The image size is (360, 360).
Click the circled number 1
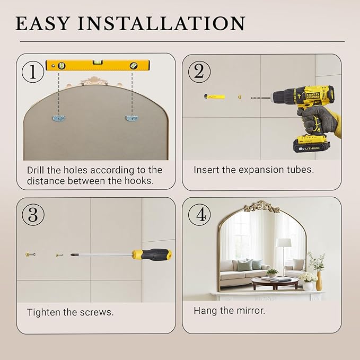(x=32, y=72)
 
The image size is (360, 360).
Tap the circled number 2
(x=199, y=72)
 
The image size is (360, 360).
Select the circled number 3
(x=33, y=215)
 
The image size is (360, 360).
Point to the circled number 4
(x=199, y=215)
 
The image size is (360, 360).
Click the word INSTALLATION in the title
(x=162, y=23)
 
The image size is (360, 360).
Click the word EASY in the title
(x=42, y=23)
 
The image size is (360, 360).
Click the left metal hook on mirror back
(x=59, y=118)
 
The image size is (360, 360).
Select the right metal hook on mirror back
(x=132, y=118)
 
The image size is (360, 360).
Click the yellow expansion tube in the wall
(x=214, y=96)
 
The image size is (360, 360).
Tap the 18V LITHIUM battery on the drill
(x=312, y=144)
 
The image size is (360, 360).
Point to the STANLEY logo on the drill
(x=313, y=96)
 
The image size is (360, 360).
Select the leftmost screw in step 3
(x=30, y=254)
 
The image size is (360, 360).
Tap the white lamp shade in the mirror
(x=283, y=243)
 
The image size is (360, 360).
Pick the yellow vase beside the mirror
(x=319, y=281)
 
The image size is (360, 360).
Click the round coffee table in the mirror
(x=275, y=282)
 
